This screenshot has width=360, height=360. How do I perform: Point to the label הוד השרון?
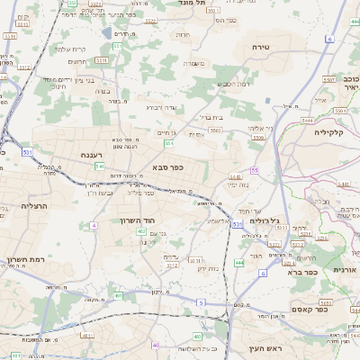click(x=137, y=220)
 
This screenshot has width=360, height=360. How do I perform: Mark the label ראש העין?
click(x=265, y=347)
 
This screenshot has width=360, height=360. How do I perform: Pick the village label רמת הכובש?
click(x=231, y=84)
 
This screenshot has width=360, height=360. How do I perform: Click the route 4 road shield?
click(x=94, y=225)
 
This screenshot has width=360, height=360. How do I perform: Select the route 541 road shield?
click(x=100, y=166)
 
